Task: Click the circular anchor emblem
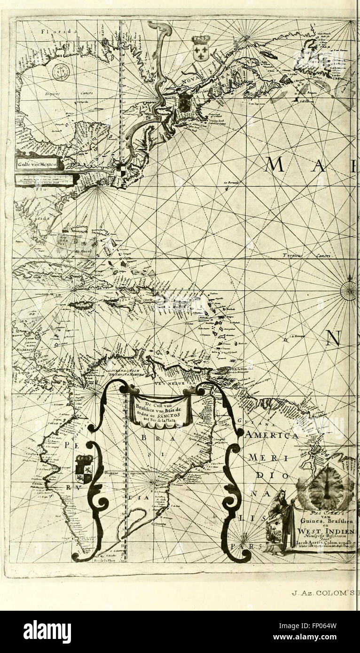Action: [61, 72]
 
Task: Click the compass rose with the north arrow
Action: [349, 290]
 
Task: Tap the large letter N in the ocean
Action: [334, 338]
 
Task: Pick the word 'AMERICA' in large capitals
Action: [271, 435]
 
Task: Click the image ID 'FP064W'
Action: [329, 627]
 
